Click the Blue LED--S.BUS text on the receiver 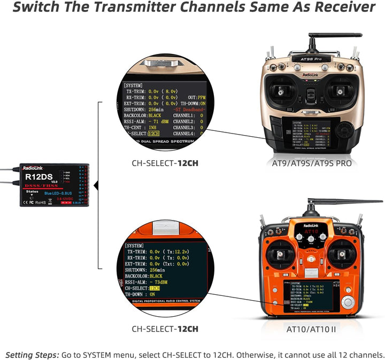pyautogui.click(x=60, y=192)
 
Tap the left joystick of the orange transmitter pyautogui.click(x=282, y=253)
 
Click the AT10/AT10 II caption pyautogui.click(x=312, y=329)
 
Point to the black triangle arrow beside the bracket pyautogui.click(x=96, y=186)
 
